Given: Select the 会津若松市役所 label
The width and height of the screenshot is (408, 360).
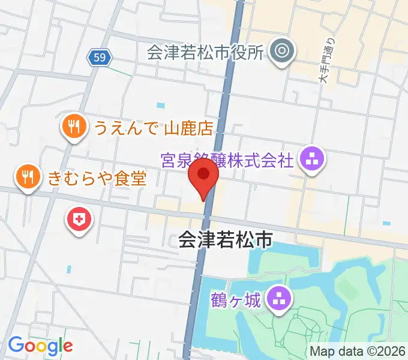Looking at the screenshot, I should [205, 52].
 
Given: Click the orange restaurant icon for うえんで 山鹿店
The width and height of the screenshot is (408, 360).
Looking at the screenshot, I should [73, 127].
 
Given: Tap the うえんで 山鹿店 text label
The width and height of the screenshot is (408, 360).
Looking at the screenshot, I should [153, 127].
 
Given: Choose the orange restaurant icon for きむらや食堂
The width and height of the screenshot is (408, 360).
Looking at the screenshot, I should [28, 176].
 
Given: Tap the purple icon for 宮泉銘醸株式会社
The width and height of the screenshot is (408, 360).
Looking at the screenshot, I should [312, 160].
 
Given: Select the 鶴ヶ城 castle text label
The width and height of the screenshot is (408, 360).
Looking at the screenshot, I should [236, 299].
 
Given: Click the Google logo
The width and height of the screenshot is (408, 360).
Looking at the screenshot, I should [40, 346].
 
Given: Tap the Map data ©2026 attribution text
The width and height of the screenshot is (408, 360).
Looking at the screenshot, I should [358, 352].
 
